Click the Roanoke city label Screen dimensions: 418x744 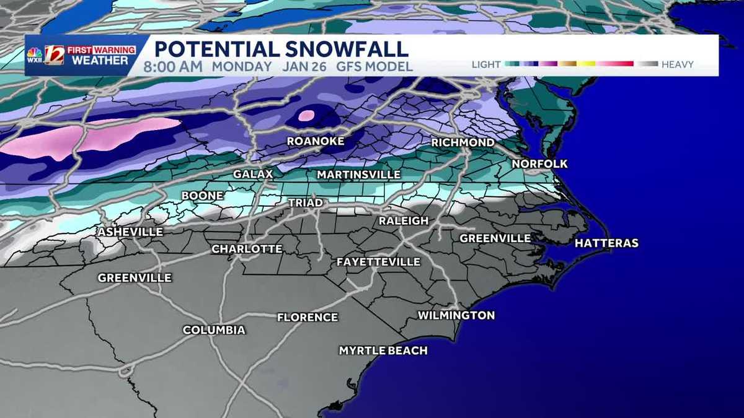[315, 142]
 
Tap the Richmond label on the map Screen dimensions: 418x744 [463, 143]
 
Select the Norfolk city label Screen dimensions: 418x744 [539, 164]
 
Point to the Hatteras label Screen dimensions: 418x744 [606, 243]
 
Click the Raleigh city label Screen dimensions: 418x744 [404, 221]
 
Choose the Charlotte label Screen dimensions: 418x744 [247, 249]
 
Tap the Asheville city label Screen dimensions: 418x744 [130, 232]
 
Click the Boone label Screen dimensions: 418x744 [203, 196]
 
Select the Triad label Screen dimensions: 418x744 [305, 202]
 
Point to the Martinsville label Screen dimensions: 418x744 [358, 175]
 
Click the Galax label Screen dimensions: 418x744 [253, 175]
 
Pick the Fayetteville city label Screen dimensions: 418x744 [378, 262]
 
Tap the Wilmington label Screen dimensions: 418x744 [456, 316]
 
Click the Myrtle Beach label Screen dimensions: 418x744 [383, 351]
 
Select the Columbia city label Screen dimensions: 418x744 [214, 331]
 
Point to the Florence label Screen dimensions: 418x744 [308, 318]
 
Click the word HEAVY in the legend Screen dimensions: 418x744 [677, 64]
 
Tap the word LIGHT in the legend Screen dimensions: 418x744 [487, 64]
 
